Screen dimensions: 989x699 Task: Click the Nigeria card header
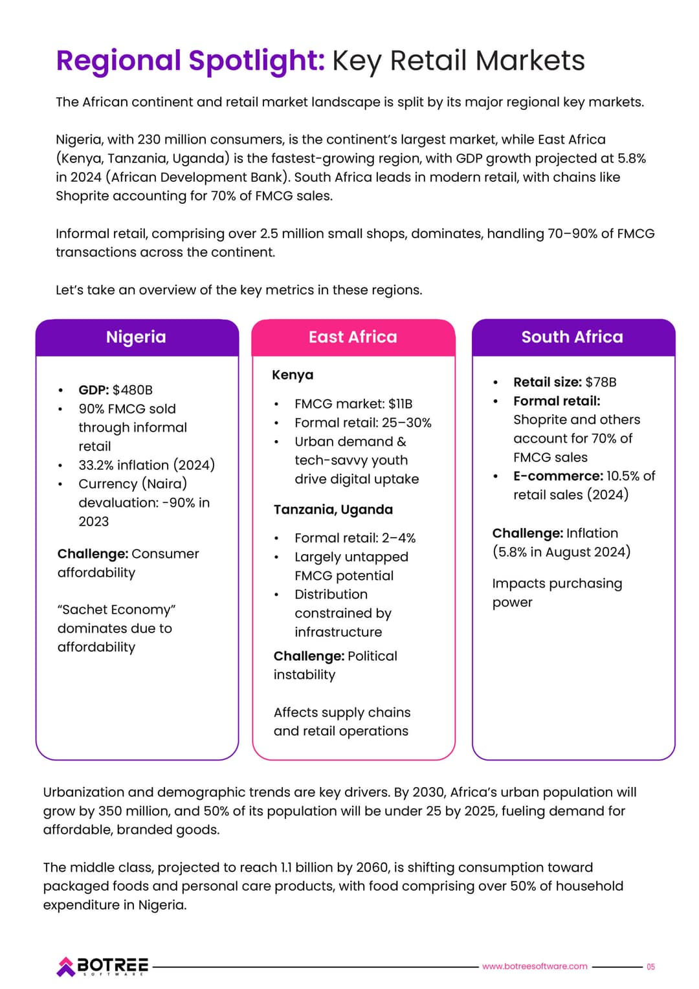click(x=136, y=337)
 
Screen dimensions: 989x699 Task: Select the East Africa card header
click(x=353, y=337)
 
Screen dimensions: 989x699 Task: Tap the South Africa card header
click(x=572, y=337)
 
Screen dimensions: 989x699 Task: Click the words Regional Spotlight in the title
click(x=190, y=61)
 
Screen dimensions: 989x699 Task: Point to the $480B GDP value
click(x=133, y=390)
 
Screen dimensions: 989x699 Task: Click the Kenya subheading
click(x=293, y=375)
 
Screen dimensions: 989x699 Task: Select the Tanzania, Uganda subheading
click(x=333, y=509)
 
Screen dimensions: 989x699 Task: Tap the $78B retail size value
click(x=601, y=383)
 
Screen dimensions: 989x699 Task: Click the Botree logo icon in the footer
click(x=65, y=966)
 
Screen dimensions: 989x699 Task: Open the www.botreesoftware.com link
click(x=535, y=966)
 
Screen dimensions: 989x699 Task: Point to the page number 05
click(x=650, y=967)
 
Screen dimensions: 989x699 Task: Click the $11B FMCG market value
click(x=400, y=404)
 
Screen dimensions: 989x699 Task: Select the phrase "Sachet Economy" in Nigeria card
click(x=116, y=610)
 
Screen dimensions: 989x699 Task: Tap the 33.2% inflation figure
click(x=97, y=465)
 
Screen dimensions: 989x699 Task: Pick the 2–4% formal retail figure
click(x=399, y=538)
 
